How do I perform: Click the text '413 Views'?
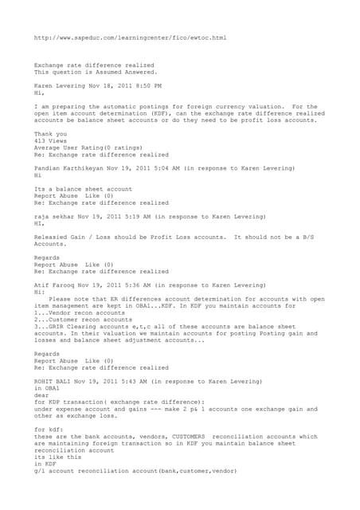50,139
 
